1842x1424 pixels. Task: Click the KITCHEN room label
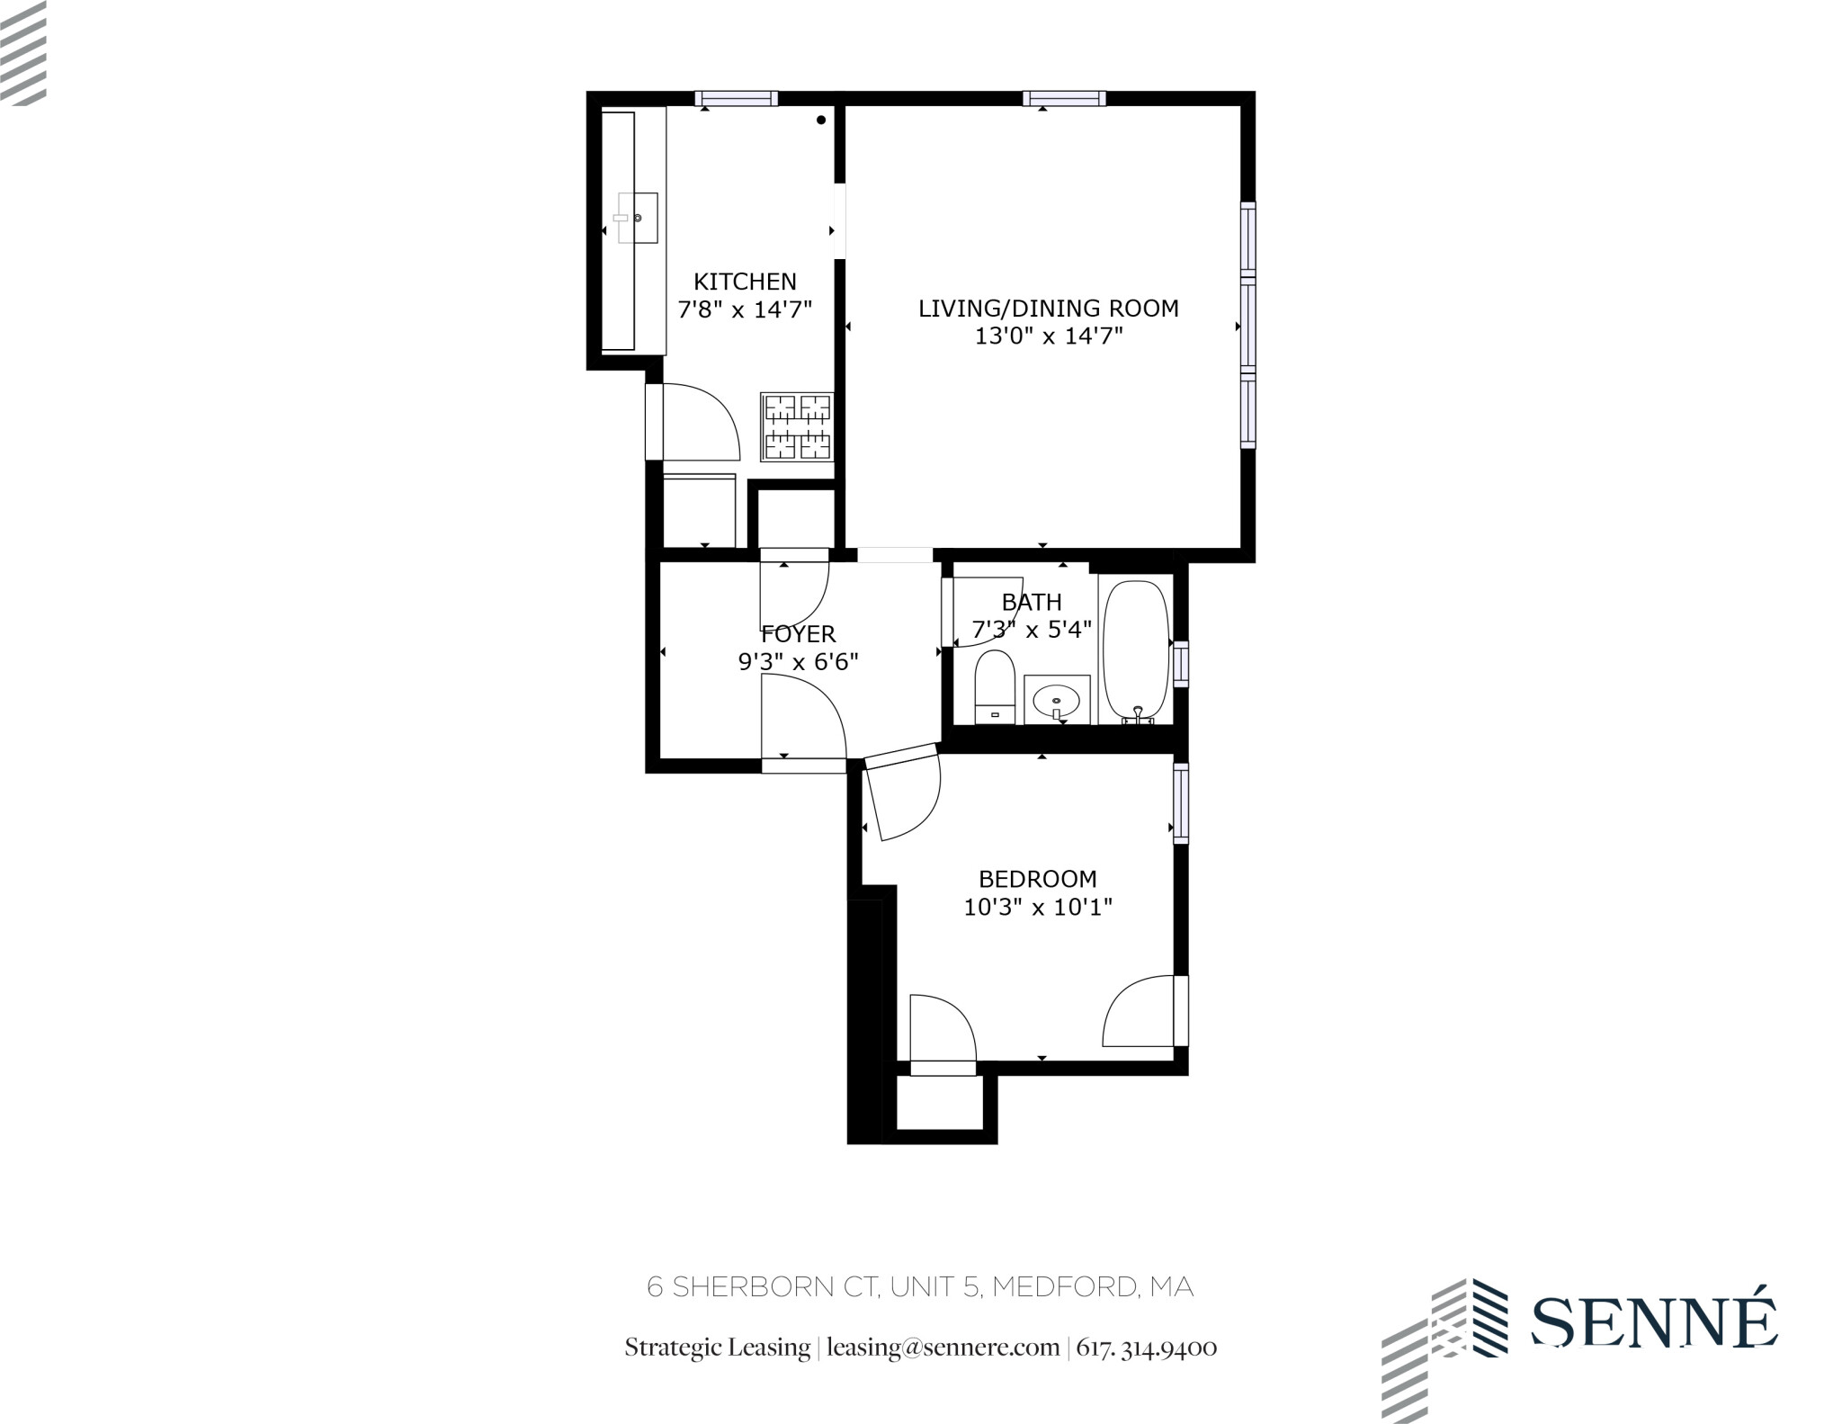[745, 282]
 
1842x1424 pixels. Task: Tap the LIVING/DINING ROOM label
[1048, 309]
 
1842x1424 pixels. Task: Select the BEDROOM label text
[1037, 879]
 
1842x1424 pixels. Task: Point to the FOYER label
[798, 634]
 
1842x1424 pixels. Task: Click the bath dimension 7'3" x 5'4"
[1032, 629]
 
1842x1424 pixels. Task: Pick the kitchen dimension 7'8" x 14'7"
[745, 310]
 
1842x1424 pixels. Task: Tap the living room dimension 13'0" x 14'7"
[1049, 336]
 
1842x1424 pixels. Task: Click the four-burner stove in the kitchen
[797, 427]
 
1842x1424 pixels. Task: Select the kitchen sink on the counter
[638, 218]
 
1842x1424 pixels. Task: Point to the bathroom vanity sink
[1057, 698]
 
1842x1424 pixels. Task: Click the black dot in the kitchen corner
[821, 121]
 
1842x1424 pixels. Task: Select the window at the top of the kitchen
[736, 99]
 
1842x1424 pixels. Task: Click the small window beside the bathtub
[1181, 663]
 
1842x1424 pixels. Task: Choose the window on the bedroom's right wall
[1181, 803]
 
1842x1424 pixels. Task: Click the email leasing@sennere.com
[943, 1348]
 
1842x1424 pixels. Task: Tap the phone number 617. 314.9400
[1146, 1348]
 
